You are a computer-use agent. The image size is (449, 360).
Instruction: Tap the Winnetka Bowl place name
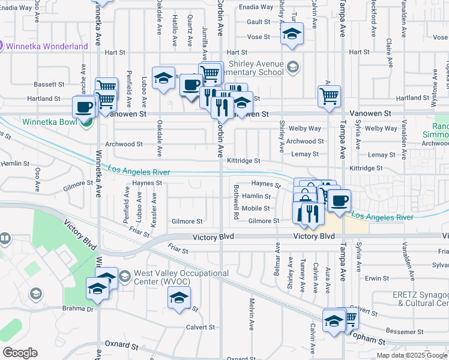click(50, 122)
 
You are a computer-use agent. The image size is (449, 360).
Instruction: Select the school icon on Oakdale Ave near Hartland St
click(163, 78)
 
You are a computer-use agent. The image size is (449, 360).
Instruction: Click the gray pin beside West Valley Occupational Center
click(124, 277)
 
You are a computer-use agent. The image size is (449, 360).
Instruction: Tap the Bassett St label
click(49, 85)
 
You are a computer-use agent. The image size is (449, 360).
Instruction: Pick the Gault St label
click(259, 22)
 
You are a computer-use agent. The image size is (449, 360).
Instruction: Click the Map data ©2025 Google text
click(412, 355)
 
